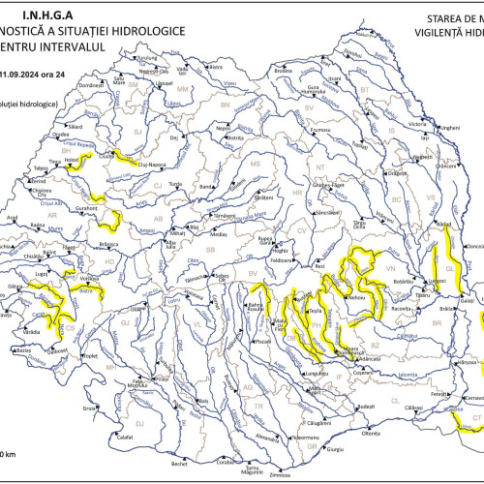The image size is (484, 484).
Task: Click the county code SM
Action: [135, 84]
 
